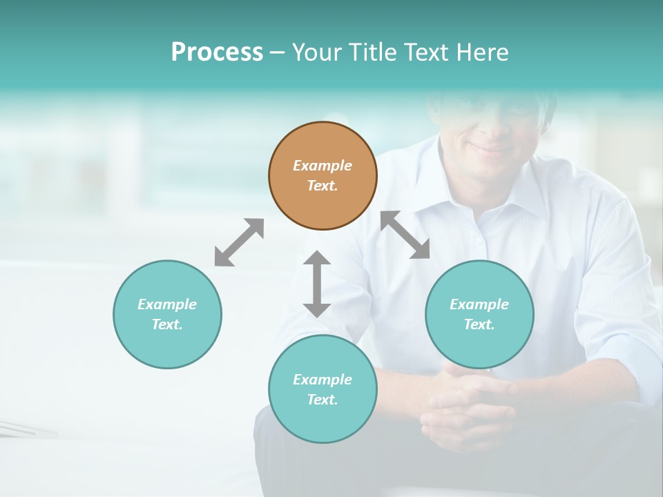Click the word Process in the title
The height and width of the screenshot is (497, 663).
point(217,52)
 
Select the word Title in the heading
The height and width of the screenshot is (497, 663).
point(371,52)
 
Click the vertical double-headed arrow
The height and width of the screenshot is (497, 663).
point(317,284)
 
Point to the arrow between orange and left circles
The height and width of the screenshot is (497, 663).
point(239,242)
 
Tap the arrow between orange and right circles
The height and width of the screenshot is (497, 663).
point(405,235)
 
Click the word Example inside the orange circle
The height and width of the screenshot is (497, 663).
point(323,166)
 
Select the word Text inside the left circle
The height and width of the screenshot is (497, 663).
point(167,324)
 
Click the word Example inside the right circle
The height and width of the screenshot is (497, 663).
point(479,304)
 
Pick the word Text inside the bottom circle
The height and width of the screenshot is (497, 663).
point(323,400)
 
